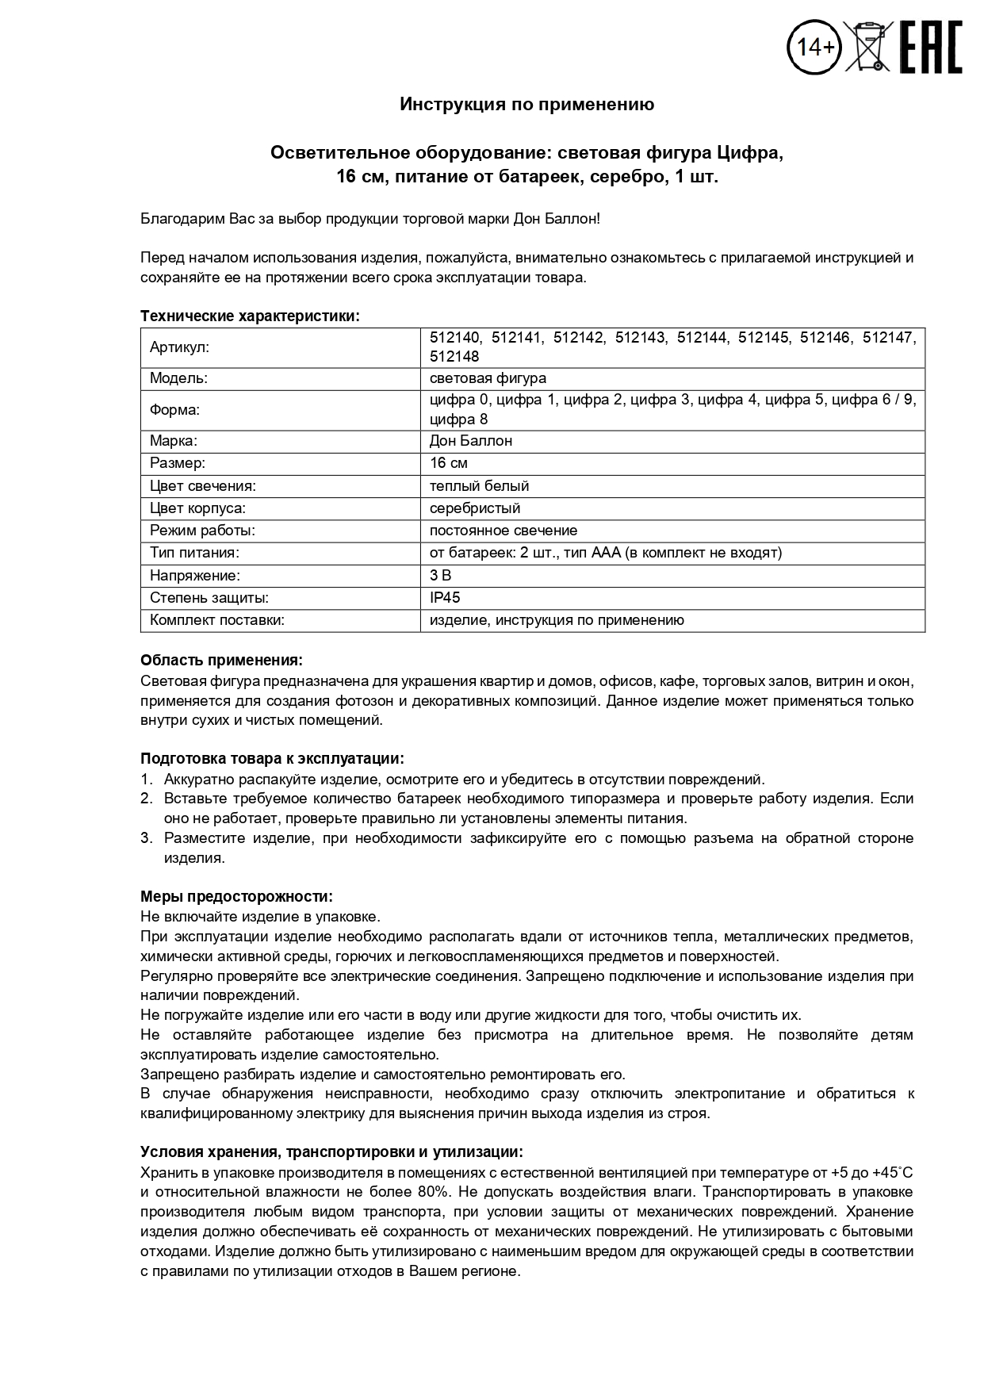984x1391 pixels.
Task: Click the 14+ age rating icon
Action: tap(815, 48)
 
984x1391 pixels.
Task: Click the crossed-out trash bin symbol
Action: tap(870, 48)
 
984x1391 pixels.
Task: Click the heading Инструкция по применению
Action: tap(526, 105)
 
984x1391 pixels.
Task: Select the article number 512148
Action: tap(454, 357)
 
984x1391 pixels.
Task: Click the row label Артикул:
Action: tap(179, 347)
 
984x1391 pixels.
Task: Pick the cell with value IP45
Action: tap(445, 598)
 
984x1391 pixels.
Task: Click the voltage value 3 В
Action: tap(440, 576)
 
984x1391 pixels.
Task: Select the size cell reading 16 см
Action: tap(448, 463)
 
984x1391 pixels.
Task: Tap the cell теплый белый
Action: tap(479, 486)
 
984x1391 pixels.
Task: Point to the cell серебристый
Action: tap(475, 508)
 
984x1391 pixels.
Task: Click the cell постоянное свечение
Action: tap(503, 531)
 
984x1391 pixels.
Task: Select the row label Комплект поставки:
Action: tap(217, 620)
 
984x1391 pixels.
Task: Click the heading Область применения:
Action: tap(221, 661)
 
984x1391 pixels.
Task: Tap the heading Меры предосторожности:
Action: tap(236, 897)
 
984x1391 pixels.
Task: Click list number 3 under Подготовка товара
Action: tap(146, 838)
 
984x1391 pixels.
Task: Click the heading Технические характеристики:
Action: tap(250, 316)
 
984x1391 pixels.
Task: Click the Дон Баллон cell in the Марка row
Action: tap(471, 441)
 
